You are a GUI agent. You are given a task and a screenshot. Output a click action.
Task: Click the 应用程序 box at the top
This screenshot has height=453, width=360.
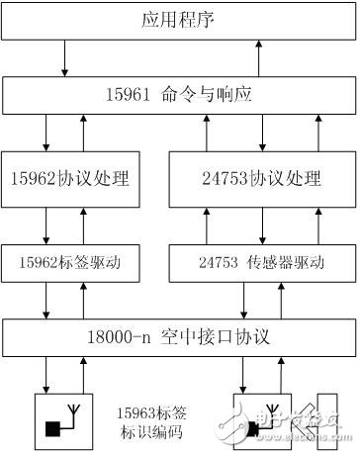pos(179,20)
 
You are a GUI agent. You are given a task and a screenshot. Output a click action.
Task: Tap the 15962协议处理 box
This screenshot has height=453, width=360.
pos(73,179)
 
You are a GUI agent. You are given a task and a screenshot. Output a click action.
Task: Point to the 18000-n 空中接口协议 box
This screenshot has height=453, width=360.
pos(179,337)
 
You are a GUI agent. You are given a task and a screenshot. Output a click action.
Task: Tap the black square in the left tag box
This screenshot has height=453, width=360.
pos(50,429)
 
